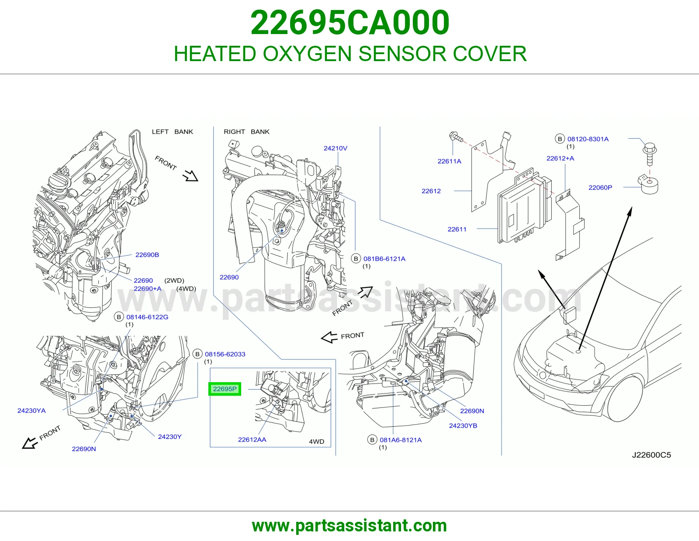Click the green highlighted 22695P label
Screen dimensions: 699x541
(225, 389)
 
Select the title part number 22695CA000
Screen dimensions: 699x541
(350, 23)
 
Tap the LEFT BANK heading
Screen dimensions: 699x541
(173, 132)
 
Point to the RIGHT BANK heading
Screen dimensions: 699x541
(246, 132)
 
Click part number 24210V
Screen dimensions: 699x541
(335, 148)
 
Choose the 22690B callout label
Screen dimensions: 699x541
(147, 255)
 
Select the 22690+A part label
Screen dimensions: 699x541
(148, 288)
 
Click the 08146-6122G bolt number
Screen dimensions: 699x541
(147, 317)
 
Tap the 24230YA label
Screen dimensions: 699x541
(31, 411)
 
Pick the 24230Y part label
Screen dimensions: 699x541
(170, 437)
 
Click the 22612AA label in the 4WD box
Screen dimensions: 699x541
(252, 439)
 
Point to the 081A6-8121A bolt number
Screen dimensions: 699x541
(401, 440)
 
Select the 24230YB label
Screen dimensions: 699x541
(463, 426)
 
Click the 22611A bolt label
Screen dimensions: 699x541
(450, 161)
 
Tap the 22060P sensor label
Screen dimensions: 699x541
(600, 187)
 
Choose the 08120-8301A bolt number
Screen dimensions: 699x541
(588, 139)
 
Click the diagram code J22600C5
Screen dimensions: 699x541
(651, 455)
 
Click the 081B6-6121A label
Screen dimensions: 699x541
(384, 259)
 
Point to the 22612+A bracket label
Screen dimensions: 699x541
(561, 158)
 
